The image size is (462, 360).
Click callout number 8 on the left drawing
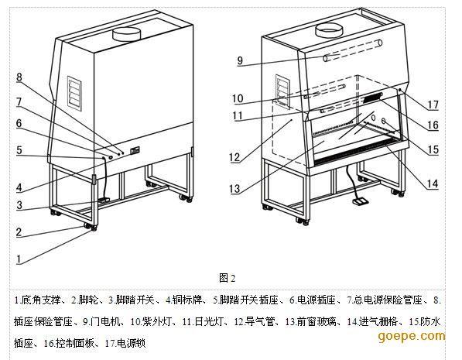19,77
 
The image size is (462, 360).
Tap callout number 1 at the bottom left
19,259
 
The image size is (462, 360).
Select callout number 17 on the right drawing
433,105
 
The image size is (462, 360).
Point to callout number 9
240,60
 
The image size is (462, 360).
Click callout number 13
234,188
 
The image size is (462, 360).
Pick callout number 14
433,184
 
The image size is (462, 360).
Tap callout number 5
19,150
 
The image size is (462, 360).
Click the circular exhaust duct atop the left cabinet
127,33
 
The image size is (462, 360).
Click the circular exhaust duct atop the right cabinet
329,30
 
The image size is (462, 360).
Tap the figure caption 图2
228,278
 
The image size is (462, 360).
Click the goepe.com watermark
412,336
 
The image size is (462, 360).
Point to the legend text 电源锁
132,343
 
